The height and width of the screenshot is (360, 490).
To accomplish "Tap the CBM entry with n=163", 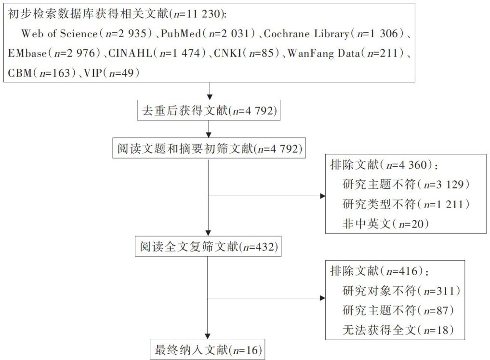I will click(44, 72).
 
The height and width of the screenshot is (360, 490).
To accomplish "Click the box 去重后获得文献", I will click(208, 111).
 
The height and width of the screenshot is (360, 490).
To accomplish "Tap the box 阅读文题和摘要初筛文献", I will click(208, 149).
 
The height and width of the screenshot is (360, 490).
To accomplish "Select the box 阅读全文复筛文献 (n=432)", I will click(208, 248).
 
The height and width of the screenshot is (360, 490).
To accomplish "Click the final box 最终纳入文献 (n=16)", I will click(208, 348).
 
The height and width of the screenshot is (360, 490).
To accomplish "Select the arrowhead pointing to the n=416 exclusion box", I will click(322, 297).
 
